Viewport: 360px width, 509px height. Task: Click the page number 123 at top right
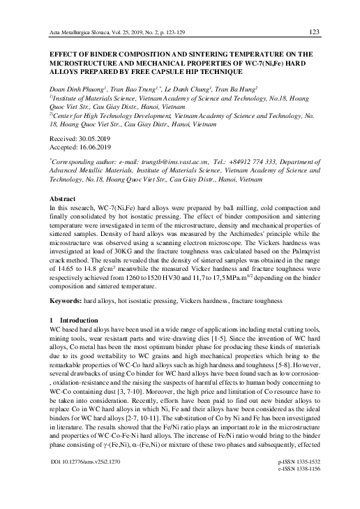(313, 31)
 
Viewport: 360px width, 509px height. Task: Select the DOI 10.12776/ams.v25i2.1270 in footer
(82, 482)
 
